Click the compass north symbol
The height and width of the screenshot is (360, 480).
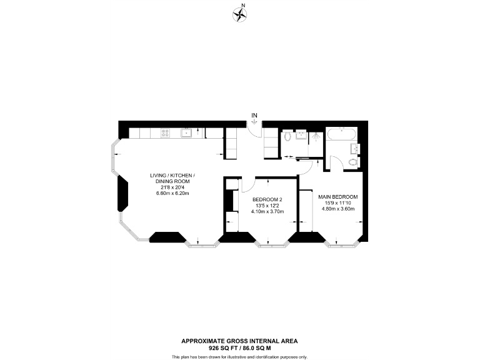239,12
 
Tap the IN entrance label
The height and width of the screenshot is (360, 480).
254,116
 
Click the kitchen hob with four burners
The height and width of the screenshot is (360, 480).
166,132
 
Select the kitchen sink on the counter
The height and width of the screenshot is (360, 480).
186,132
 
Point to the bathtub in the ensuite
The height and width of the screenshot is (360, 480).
342,134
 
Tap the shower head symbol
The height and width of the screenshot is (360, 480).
316,134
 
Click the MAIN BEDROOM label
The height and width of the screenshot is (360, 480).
337,196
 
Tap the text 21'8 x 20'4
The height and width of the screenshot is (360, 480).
172,187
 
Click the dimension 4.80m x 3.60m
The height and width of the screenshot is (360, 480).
337,209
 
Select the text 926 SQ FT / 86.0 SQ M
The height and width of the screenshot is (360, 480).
239,347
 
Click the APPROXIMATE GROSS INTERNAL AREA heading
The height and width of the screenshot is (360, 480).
239,341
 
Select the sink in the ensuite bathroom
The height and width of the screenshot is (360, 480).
354,148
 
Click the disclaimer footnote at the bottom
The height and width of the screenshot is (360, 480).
239,356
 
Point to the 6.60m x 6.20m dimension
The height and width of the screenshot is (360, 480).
172,193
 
